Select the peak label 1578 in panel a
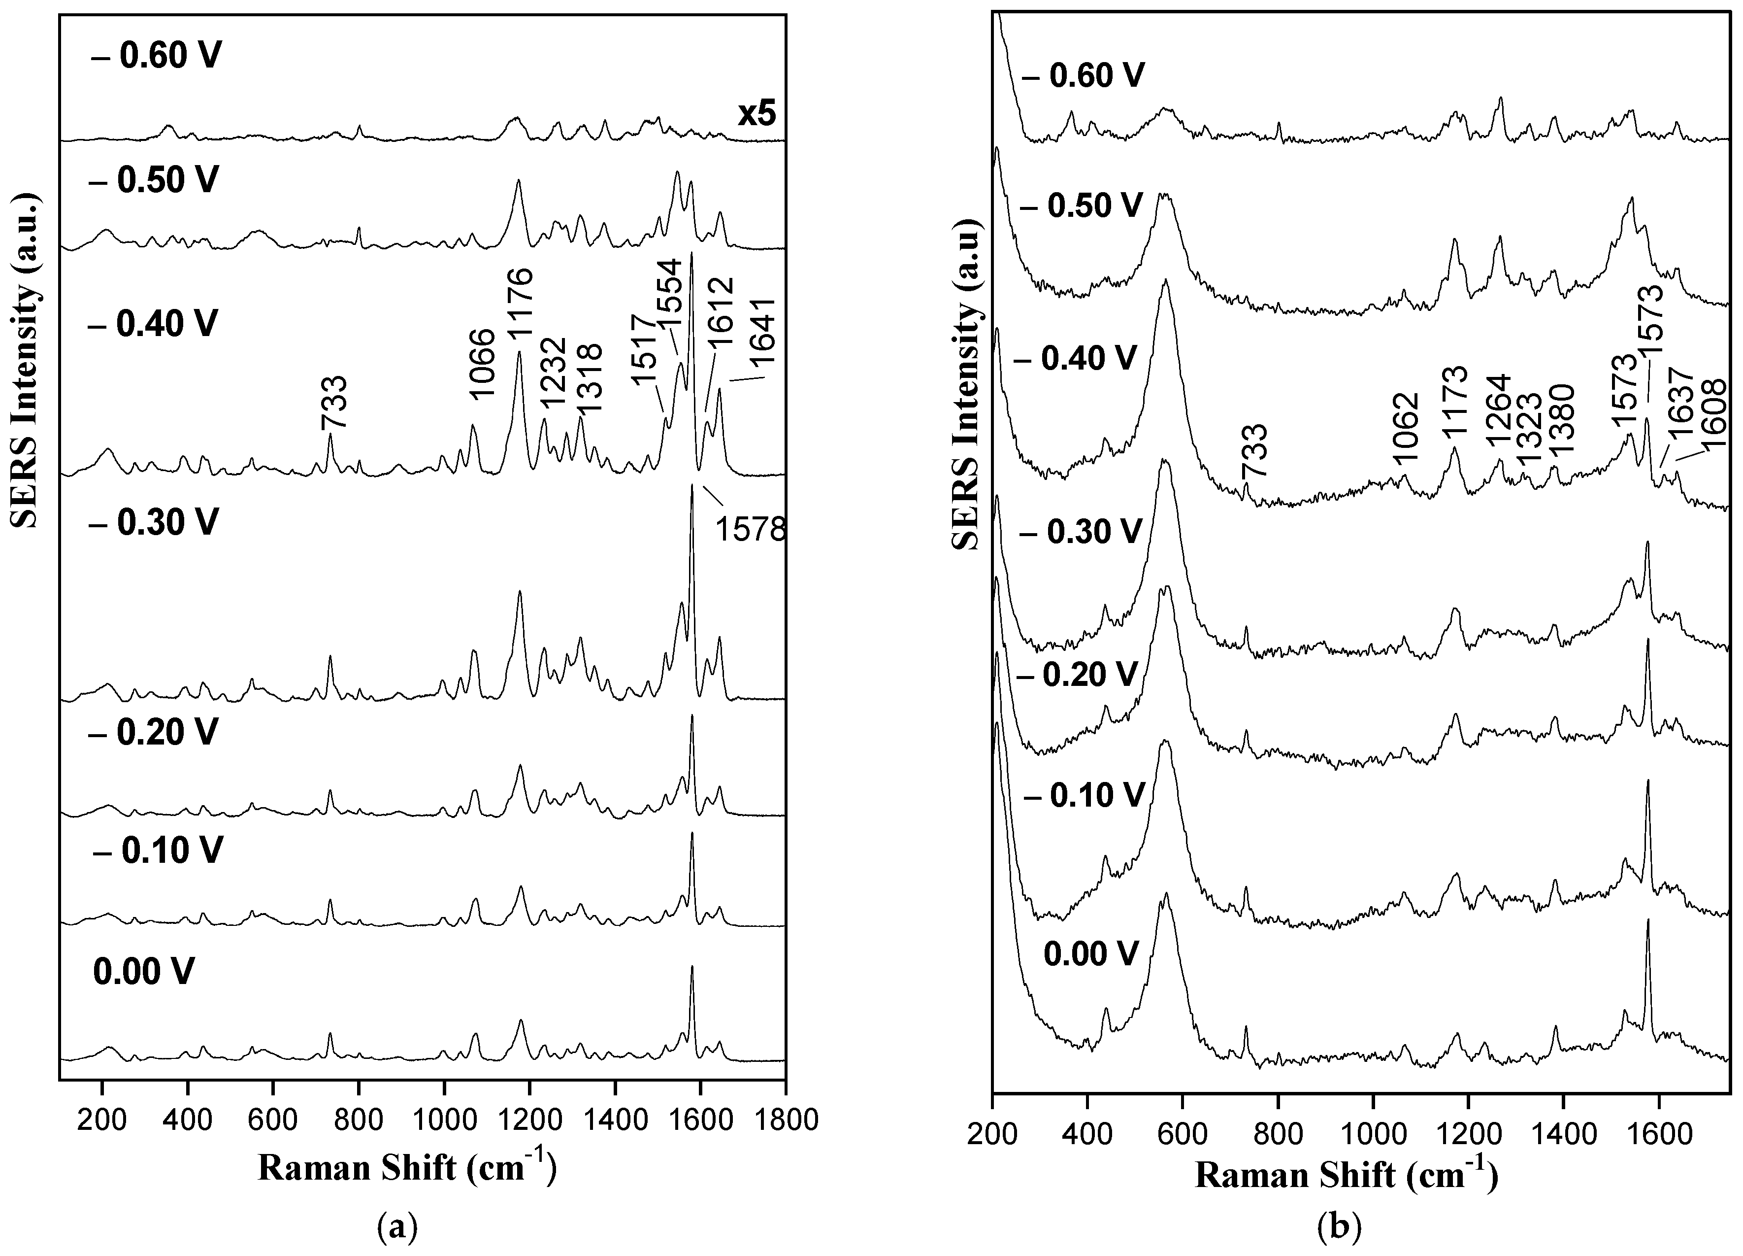click(751, 530)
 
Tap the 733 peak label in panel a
click(335, 402)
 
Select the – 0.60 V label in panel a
click(156, 56)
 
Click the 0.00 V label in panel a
click(144, 972)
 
